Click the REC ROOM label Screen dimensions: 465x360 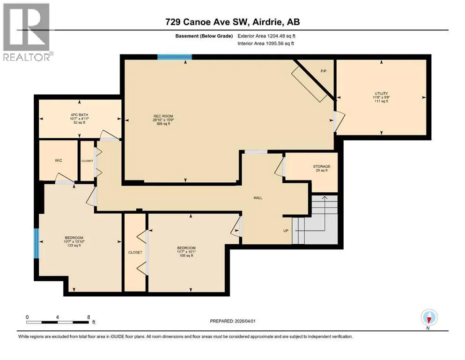[163, 116]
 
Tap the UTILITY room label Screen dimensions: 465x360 [381, 93]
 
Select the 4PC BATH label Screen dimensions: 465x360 [79, 115]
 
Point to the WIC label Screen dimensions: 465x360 [59, 161]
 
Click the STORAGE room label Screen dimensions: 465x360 [322, 166]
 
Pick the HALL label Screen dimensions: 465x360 [258, 198]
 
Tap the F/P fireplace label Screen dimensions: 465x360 [324, 71]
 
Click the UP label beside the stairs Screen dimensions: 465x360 [286, 231]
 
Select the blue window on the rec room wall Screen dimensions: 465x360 [174, 57]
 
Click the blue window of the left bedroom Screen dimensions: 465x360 [36, 243]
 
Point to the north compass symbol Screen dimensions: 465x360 [429, 317]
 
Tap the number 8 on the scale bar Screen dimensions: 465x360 [89, 317]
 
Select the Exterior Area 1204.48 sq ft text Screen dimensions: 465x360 [266, 36]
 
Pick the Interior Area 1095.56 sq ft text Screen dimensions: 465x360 [266, 43]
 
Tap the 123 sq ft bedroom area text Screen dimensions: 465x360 [74, 246]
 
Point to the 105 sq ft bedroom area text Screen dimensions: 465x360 [186, 255]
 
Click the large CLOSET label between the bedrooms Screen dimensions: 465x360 [135, 252]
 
